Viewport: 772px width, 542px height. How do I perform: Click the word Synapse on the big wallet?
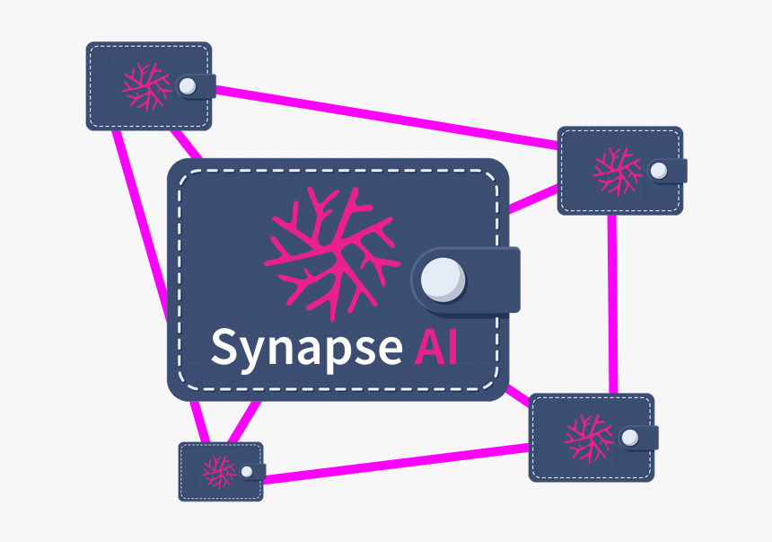point(306,348)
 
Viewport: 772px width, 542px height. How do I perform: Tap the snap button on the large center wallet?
point(443,278)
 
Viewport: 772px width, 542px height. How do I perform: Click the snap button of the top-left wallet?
point(188,86)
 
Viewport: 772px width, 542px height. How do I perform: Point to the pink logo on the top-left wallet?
point(146,86)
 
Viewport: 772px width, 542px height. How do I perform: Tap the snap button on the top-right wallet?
point(659,171)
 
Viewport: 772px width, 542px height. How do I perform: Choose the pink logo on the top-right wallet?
point(618,171)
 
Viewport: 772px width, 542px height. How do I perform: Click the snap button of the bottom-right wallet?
point(630,438)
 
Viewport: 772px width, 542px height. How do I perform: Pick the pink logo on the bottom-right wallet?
point(589,438)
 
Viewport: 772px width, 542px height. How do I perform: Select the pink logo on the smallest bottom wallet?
point(218,470)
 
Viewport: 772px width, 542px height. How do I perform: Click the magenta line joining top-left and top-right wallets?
point(386,117)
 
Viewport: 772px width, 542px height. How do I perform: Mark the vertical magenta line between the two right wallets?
point(612,306)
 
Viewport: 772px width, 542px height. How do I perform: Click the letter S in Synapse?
point(224,346)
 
